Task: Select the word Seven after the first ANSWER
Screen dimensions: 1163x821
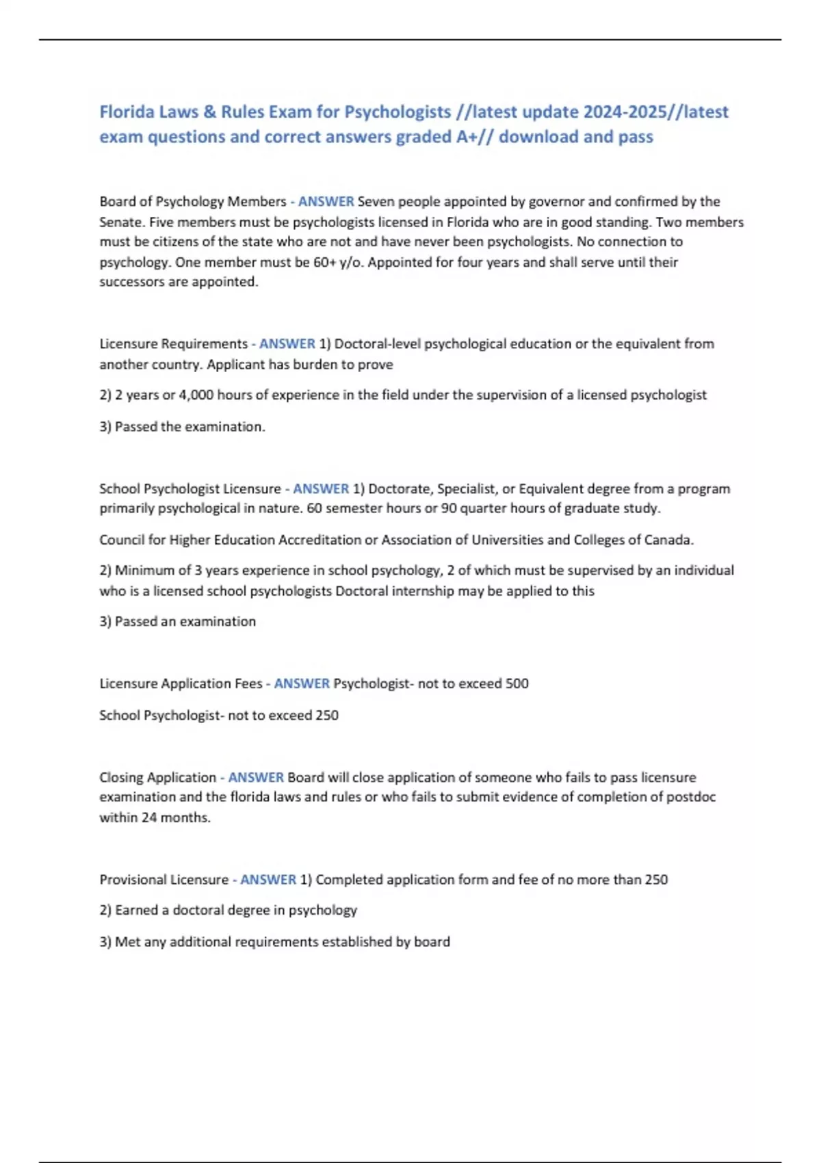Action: click(x=376, y=202)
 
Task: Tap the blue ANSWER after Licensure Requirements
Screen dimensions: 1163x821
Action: click(x=287, y=343)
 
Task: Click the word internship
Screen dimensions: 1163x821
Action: click(x=421, y=591)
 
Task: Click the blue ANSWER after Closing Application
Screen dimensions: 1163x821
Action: click(x=256, y=777)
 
